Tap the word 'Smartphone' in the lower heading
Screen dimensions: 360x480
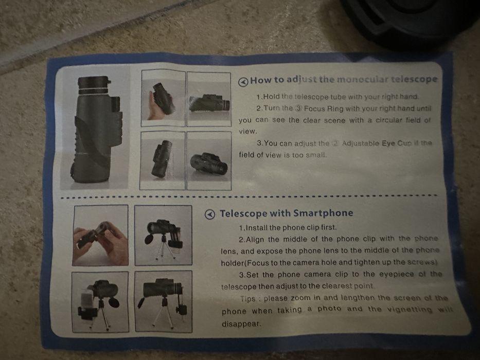pyautogui.click(x=323, y=213)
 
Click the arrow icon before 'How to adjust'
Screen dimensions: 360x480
pyautogui.click(x=243, y=81)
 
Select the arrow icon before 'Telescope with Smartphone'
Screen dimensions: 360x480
pyautogui.click(x=210, y=214)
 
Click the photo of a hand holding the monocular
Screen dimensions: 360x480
pyautogui.click(x=163, y=98)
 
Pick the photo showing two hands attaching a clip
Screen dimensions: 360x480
pyautogui.click(x=100, y=235)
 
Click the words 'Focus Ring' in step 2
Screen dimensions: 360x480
pyautogui.click(x=328, y=109)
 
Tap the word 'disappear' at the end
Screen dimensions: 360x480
pyautogui.click(x=241, y=324)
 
